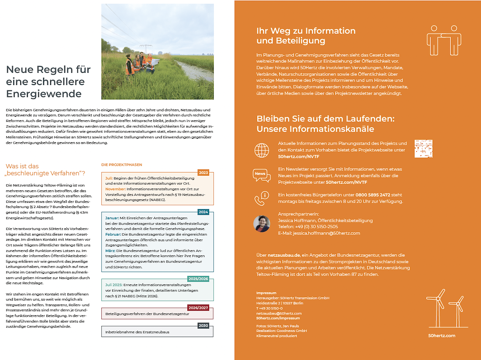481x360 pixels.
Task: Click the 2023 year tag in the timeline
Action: click(x=203, y=173)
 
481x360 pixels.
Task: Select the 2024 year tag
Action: click(x=203, y=212)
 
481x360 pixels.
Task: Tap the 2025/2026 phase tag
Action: click(x=198, y=279)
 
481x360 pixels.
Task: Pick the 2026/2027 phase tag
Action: click(x=198, y=308)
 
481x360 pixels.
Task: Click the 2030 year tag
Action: click(x=203, y=325)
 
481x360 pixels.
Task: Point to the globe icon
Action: click(x=262, y=150)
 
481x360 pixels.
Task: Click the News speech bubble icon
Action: click(x=262, y=175)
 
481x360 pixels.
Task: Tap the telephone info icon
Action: click(x=262, y=198)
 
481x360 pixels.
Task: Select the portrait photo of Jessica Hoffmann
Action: click(x=262, y=224)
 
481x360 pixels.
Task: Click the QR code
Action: click(x=423, y=148)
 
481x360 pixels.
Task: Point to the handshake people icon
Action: click(x=444, y=40)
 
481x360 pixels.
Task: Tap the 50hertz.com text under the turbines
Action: click(x=442, y=336)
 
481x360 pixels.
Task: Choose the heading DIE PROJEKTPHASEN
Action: click(x=122, y=165)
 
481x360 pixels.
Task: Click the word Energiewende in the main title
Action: click(x=44, y=94)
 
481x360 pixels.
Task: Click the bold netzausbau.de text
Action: click(x=284, y=255)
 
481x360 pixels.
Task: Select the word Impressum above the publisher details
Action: click(x=266, y=293)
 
